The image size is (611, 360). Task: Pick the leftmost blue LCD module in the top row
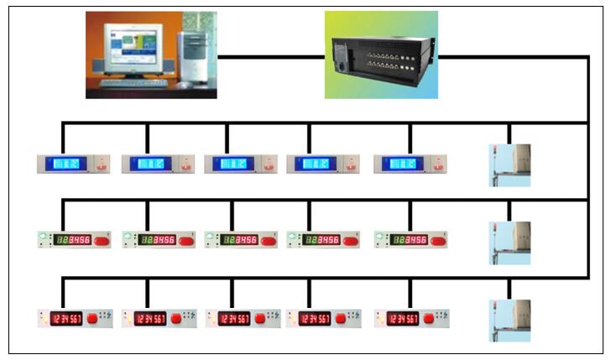pos(74,164)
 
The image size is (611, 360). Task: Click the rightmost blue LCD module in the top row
pos(410,164)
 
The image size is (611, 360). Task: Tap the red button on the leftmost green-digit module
pos(102,241)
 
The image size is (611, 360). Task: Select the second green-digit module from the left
pos(159,241)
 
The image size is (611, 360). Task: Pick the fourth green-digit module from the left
pos(323,241)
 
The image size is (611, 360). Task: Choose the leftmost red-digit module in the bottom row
pos(74,318)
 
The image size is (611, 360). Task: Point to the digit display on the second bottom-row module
pos(149,319)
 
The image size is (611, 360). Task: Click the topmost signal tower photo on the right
pos(510,164)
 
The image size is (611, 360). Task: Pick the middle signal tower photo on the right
pos(510,243)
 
